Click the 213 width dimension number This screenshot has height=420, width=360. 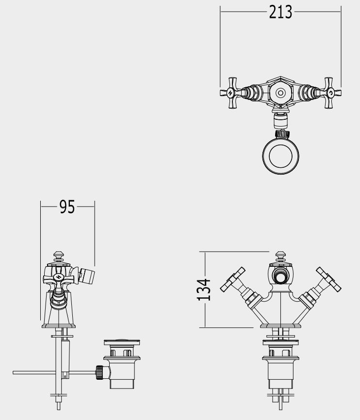point(280,12)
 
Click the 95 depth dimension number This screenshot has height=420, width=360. point(67,207)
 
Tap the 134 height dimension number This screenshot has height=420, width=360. point(204,290)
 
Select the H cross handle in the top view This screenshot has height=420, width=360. point(230,93)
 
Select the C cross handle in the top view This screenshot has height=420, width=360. point(331,93)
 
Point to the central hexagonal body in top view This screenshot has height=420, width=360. point(280,93)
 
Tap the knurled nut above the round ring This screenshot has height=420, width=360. point(282,134)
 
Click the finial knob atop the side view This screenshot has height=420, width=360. point(59,257)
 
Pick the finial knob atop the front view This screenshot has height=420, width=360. point(280,257)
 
